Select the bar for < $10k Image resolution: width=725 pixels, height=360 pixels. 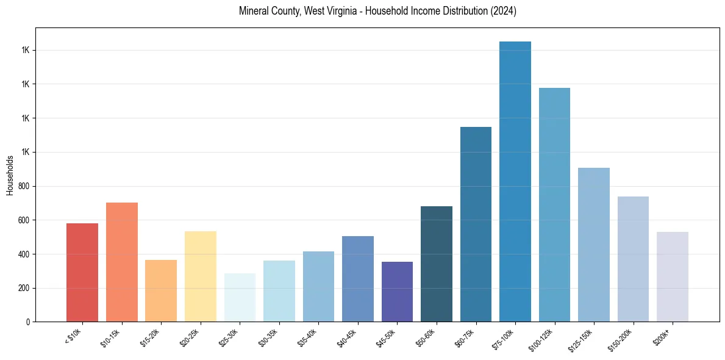82,272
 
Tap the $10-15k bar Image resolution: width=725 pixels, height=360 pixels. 122,262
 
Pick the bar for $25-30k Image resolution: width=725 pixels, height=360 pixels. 240,297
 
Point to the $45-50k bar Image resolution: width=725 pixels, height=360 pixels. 397,292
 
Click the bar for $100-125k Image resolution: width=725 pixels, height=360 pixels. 554,204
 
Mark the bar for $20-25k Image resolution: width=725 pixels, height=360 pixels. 201,276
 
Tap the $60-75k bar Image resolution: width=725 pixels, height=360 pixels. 476,224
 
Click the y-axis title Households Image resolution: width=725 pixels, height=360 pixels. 10,175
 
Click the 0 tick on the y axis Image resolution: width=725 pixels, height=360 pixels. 29,322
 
